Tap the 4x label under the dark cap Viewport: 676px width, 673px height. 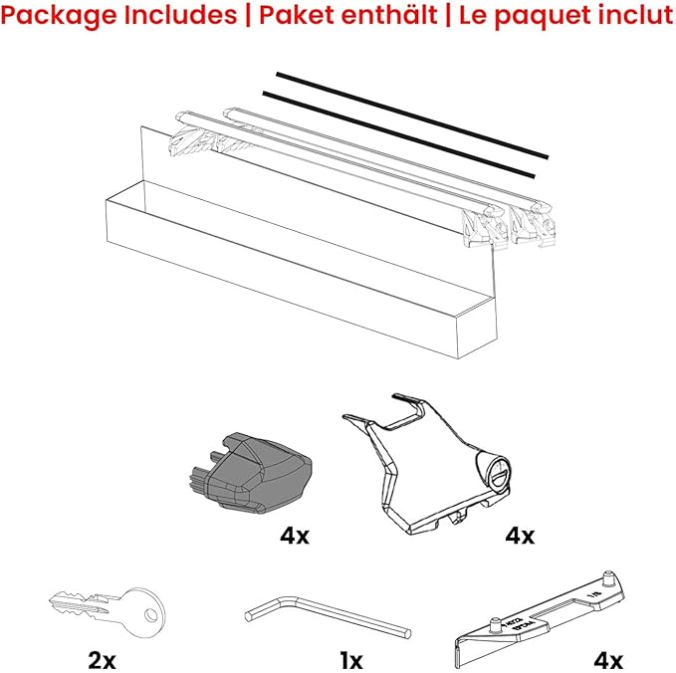click(x=295, y=536)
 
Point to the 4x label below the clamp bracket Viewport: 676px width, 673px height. click(x=520, y=536)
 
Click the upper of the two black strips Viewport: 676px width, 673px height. click(x=413, y=113)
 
